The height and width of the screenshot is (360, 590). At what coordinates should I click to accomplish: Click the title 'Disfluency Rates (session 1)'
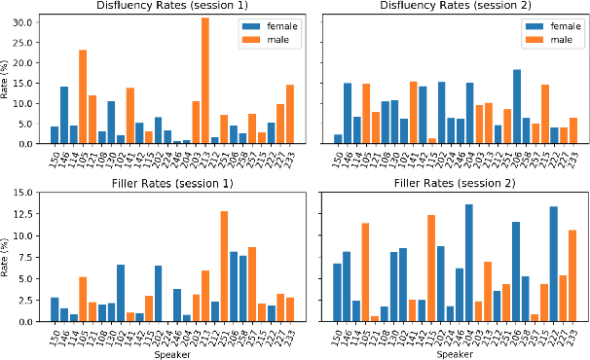tap(173, 7)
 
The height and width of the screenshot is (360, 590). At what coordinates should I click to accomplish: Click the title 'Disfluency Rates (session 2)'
tap(453, 7)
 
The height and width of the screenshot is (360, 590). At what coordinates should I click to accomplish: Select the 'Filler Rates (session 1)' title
tap(173, 182)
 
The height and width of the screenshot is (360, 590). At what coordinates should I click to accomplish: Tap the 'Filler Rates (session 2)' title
tap(453, 182)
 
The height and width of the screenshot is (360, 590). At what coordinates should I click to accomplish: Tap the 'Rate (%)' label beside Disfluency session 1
tap(8, 78)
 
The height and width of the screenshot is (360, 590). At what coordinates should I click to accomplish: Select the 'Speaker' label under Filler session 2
tap(454, 353)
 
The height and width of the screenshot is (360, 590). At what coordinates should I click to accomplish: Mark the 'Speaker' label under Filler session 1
tap(173, 353)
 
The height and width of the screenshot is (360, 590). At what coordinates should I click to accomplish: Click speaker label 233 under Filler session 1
tap(289, 334)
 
